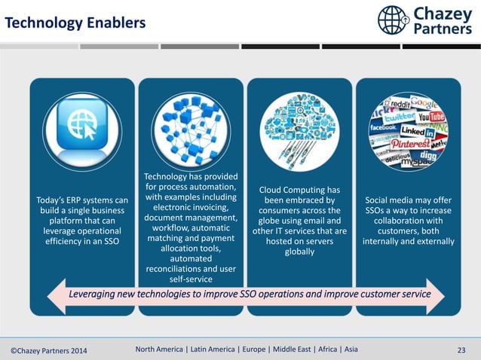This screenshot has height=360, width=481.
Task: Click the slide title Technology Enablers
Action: [75, 24]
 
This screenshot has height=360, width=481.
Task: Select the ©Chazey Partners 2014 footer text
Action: [48, 349]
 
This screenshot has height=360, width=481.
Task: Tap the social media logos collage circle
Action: [408, 126]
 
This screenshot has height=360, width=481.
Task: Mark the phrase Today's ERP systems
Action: [81, 200]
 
